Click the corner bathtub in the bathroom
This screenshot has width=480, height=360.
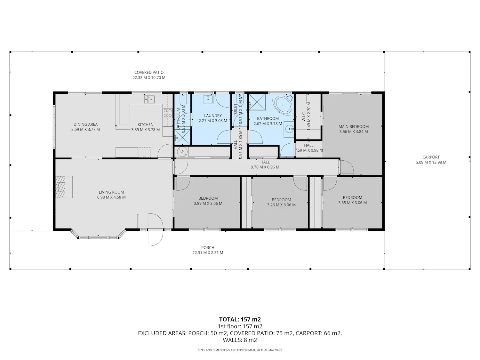pyautogui.click(x=283, y=105)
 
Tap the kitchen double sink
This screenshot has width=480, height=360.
pyautogui.click(x=149, y=99)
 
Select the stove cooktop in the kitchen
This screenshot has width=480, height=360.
pyautogui.click(x=168, y=113)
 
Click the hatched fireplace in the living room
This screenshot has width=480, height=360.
pyautogui.click(x=60, y=187)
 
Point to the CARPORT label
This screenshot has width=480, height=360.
pyautogui.click(x=431, y=157)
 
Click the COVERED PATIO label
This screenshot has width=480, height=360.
pyautogui.click(x=149, y=72)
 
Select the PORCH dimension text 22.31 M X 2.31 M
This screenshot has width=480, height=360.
pyautogui.click(x=208, y=253)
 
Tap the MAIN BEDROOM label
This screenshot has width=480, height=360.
pyautogui.click(x=354, y=126)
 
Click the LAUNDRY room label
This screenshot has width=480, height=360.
pyautogui.click(x=213, y=116)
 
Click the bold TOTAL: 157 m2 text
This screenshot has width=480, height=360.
pyautogui.click(x=240, y=320)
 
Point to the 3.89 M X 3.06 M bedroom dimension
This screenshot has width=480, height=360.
pyautogui.click(x=208, y=204)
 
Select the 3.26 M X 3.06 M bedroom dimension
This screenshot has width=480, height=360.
pyautogui.click(x=281, y=205)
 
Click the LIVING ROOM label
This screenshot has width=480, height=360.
pyautogui.click(x=111, y=192)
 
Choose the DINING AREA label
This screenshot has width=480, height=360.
pyautogui.click(x=85, y=124)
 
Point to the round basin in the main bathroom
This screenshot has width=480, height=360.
pyautogui.click(x=290, y=129)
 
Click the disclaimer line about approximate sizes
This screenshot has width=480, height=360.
pyautogui.click(x=240, y=350)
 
